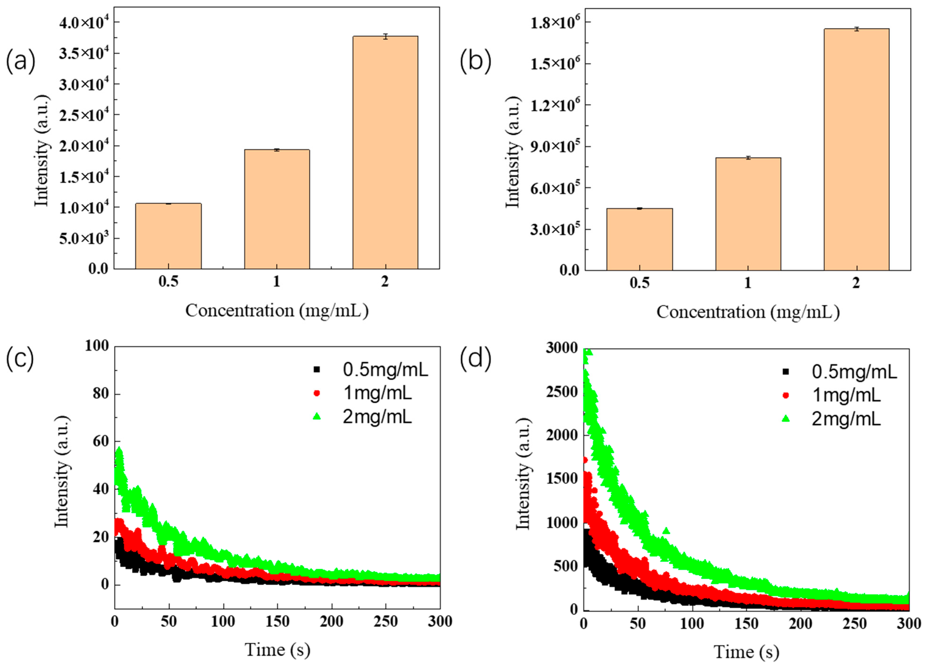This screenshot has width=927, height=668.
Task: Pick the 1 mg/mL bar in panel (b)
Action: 748,214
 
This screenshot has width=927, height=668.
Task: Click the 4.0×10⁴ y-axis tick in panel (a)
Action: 84,22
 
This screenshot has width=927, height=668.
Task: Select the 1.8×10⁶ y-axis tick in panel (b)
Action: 555,22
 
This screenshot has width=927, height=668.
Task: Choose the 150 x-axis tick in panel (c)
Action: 277,622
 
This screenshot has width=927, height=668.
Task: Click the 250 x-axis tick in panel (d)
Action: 855,624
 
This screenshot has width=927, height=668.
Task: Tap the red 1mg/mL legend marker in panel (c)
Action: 316,393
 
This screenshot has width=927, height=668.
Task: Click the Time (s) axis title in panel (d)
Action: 746,652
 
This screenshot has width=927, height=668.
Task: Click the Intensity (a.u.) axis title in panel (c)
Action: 62,472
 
